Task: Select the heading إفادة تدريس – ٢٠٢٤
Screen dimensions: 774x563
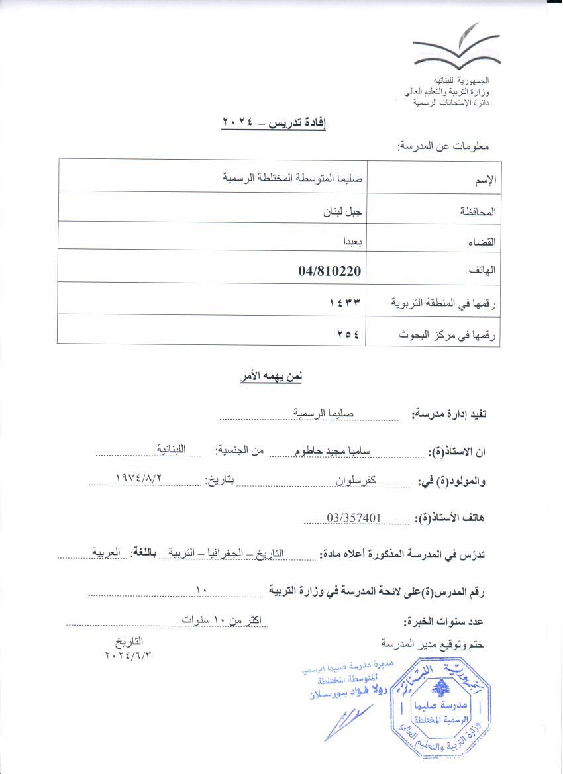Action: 274,122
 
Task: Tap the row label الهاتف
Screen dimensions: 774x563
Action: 484,271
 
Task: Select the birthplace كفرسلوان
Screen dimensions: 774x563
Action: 344,481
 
